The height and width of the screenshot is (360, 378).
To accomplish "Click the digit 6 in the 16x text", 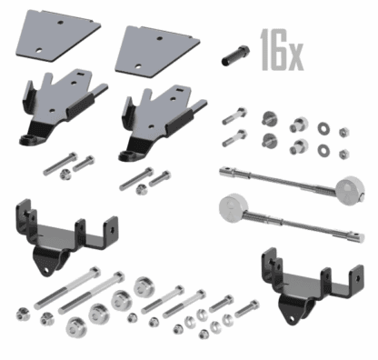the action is tap(278, 49).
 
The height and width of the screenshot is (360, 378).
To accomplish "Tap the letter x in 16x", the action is tap(295, 57).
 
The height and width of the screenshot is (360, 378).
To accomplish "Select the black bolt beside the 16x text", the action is tap(235, 55).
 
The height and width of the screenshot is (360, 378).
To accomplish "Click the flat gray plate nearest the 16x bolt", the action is tap(157, 51).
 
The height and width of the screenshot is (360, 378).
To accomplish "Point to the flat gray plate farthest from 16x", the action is tap(58, 35).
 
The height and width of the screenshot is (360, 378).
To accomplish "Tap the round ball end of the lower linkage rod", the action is tap(233, 208).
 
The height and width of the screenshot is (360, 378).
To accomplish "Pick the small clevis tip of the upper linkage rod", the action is tap(227, 172).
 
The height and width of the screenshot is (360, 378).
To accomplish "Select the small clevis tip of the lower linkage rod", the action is tap(356, 237).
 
